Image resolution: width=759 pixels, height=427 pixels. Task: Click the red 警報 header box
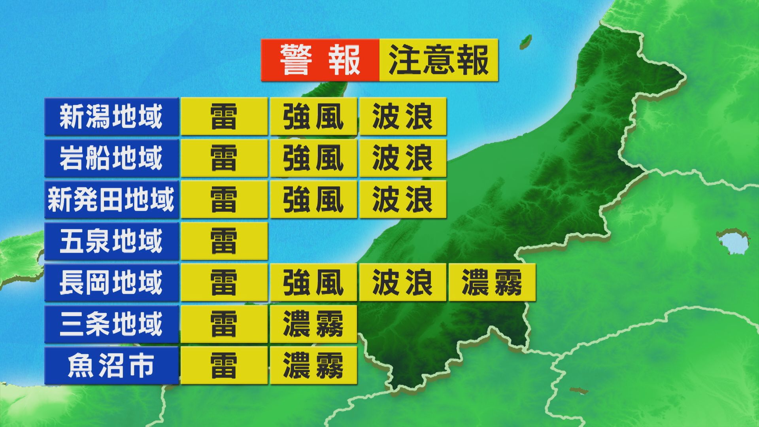[x=320, y=60]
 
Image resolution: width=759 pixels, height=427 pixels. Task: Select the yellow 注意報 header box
[x=438, y=60]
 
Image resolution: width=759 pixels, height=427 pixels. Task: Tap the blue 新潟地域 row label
[x=111, y=117]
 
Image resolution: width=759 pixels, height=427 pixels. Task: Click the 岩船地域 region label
[x=111, y=158]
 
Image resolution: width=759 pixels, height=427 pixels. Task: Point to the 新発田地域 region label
[x=111, y=200]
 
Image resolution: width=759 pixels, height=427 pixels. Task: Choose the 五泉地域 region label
[x=111, y=241]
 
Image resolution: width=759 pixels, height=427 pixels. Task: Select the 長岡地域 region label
[x=111, y=283]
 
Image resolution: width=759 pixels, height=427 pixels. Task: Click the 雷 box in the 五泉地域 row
[x=224, y=241]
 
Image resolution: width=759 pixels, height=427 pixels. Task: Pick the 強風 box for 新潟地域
[x=313, y=117]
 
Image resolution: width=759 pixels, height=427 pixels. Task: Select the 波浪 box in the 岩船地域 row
[x=403, y=158]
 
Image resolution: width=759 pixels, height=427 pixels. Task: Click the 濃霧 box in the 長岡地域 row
[x=492, y=283]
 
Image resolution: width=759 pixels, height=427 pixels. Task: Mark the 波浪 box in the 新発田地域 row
[x=403, y=200]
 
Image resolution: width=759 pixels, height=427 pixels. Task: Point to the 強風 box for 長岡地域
[x=313, y=283]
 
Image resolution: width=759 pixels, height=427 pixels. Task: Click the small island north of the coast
[x=525, y=41]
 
